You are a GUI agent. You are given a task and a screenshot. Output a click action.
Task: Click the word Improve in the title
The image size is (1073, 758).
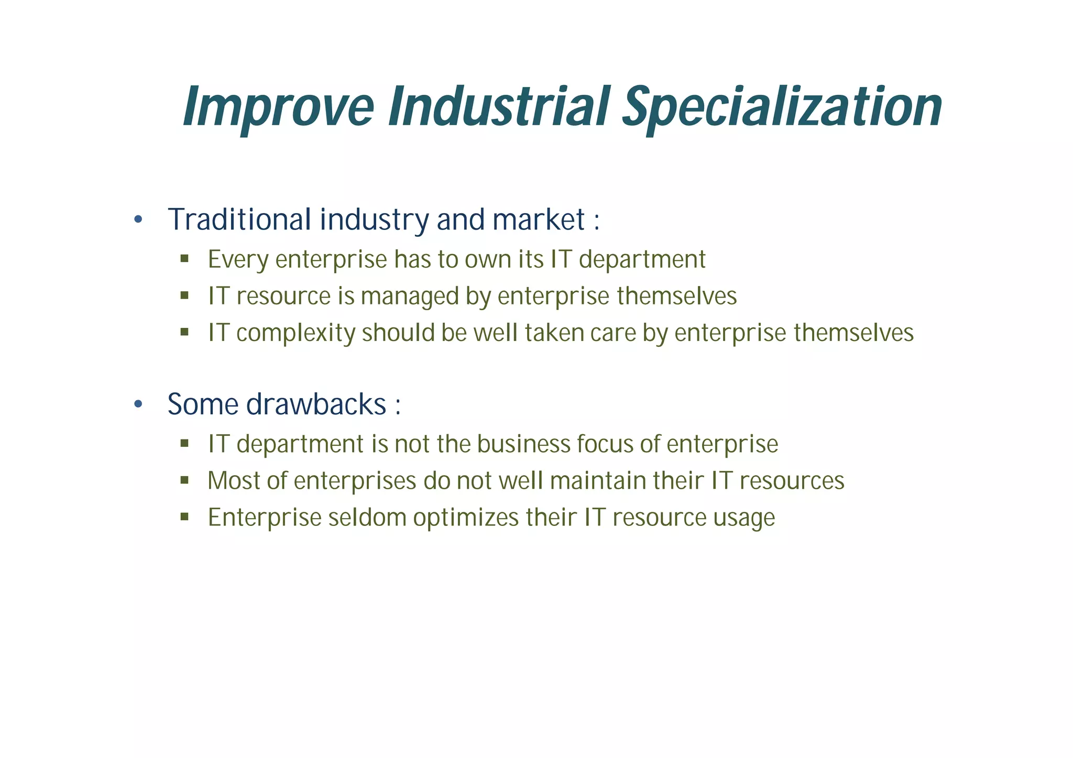pos(278,108)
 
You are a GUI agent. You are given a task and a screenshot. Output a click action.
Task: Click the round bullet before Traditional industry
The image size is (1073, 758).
pos(138,219)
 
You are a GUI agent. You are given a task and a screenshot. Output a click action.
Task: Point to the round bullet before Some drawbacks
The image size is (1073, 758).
pos(138,404)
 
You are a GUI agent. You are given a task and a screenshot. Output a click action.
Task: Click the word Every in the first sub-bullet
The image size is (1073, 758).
pos(238,260)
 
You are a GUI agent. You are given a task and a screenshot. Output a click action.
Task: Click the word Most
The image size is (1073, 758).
pos(233,481)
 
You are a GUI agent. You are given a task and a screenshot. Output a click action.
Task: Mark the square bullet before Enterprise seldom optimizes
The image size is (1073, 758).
pos(184,517)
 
